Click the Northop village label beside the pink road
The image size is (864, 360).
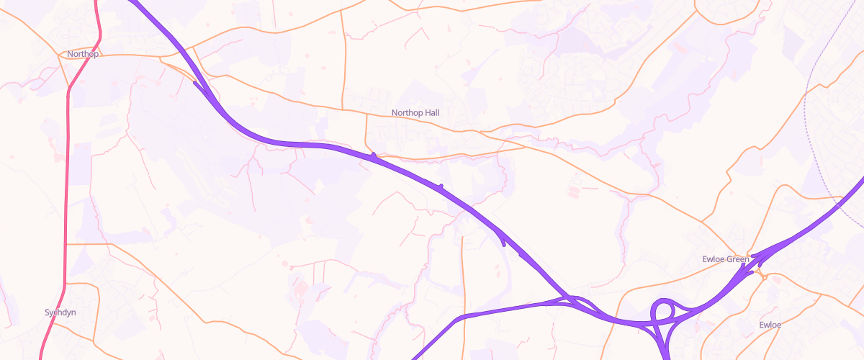(x=82, y=54)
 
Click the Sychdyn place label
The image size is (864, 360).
(x=60, y=313)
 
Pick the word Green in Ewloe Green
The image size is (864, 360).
(x=738, y=259)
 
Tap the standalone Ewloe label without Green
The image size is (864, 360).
(x=770, y=325)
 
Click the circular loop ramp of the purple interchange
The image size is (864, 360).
(x=663, y=311)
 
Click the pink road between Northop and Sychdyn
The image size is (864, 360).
(x=67, y=180)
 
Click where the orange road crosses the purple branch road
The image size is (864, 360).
(x=462, y=318)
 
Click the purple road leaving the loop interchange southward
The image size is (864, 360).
(x=665, y=349)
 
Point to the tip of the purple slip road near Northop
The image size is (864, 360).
(x=195, y=82)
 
